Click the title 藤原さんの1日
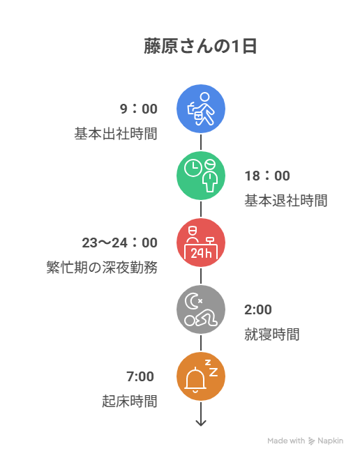click(200, 47)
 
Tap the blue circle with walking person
click(201, 109)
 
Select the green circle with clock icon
click(201, 176)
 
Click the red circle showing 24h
click(201, 243)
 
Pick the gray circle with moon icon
click(201, 309)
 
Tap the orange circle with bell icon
click(201, 376)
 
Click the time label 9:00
click(139, 109)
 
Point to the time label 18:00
click(267, 176)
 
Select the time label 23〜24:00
click(120, 243)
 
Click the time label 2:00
click(258, 309)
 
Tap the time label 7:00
click(140, 376)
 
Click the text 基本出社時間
click(116, 134)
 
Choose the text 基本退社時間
click(286, 201)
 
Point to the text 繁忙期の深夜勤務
click(102, 268)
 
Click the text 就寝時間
click(272, 335)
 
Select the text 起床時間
click(130, 401)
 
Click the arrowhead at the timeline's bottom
click(201, 423)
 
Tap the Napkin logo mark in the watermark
click(311, 441)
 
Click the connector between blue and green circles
click(201, 142)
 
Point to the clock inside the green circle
click(193, 169)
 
